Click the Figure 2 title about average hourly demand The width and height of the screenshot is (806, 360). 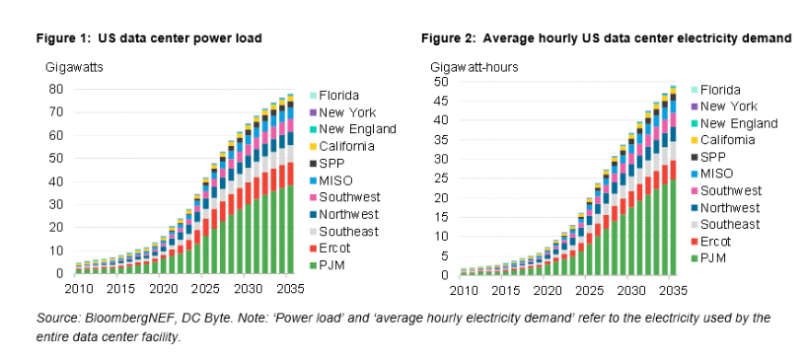(x=606, y=38)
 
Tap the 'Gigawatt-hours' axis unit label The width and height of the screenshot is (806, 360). (x=475, y=67)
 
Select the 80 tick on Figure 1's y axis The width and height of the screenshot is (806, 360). (x=56, y=89)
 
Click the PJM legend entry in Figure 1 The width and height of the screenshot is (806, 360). (x=331, y=265)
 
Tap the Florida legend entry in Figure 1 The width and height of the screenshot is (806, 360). (x=338, y=96)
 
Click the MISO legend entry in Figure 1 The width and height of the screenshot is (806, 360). (x=334, y=180)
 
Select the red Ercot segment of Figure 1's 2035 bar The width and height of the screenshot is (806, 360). (x=290, y=175)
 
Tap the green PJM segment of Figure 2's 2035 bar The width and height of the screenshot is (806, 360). (x=673, y=228)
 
